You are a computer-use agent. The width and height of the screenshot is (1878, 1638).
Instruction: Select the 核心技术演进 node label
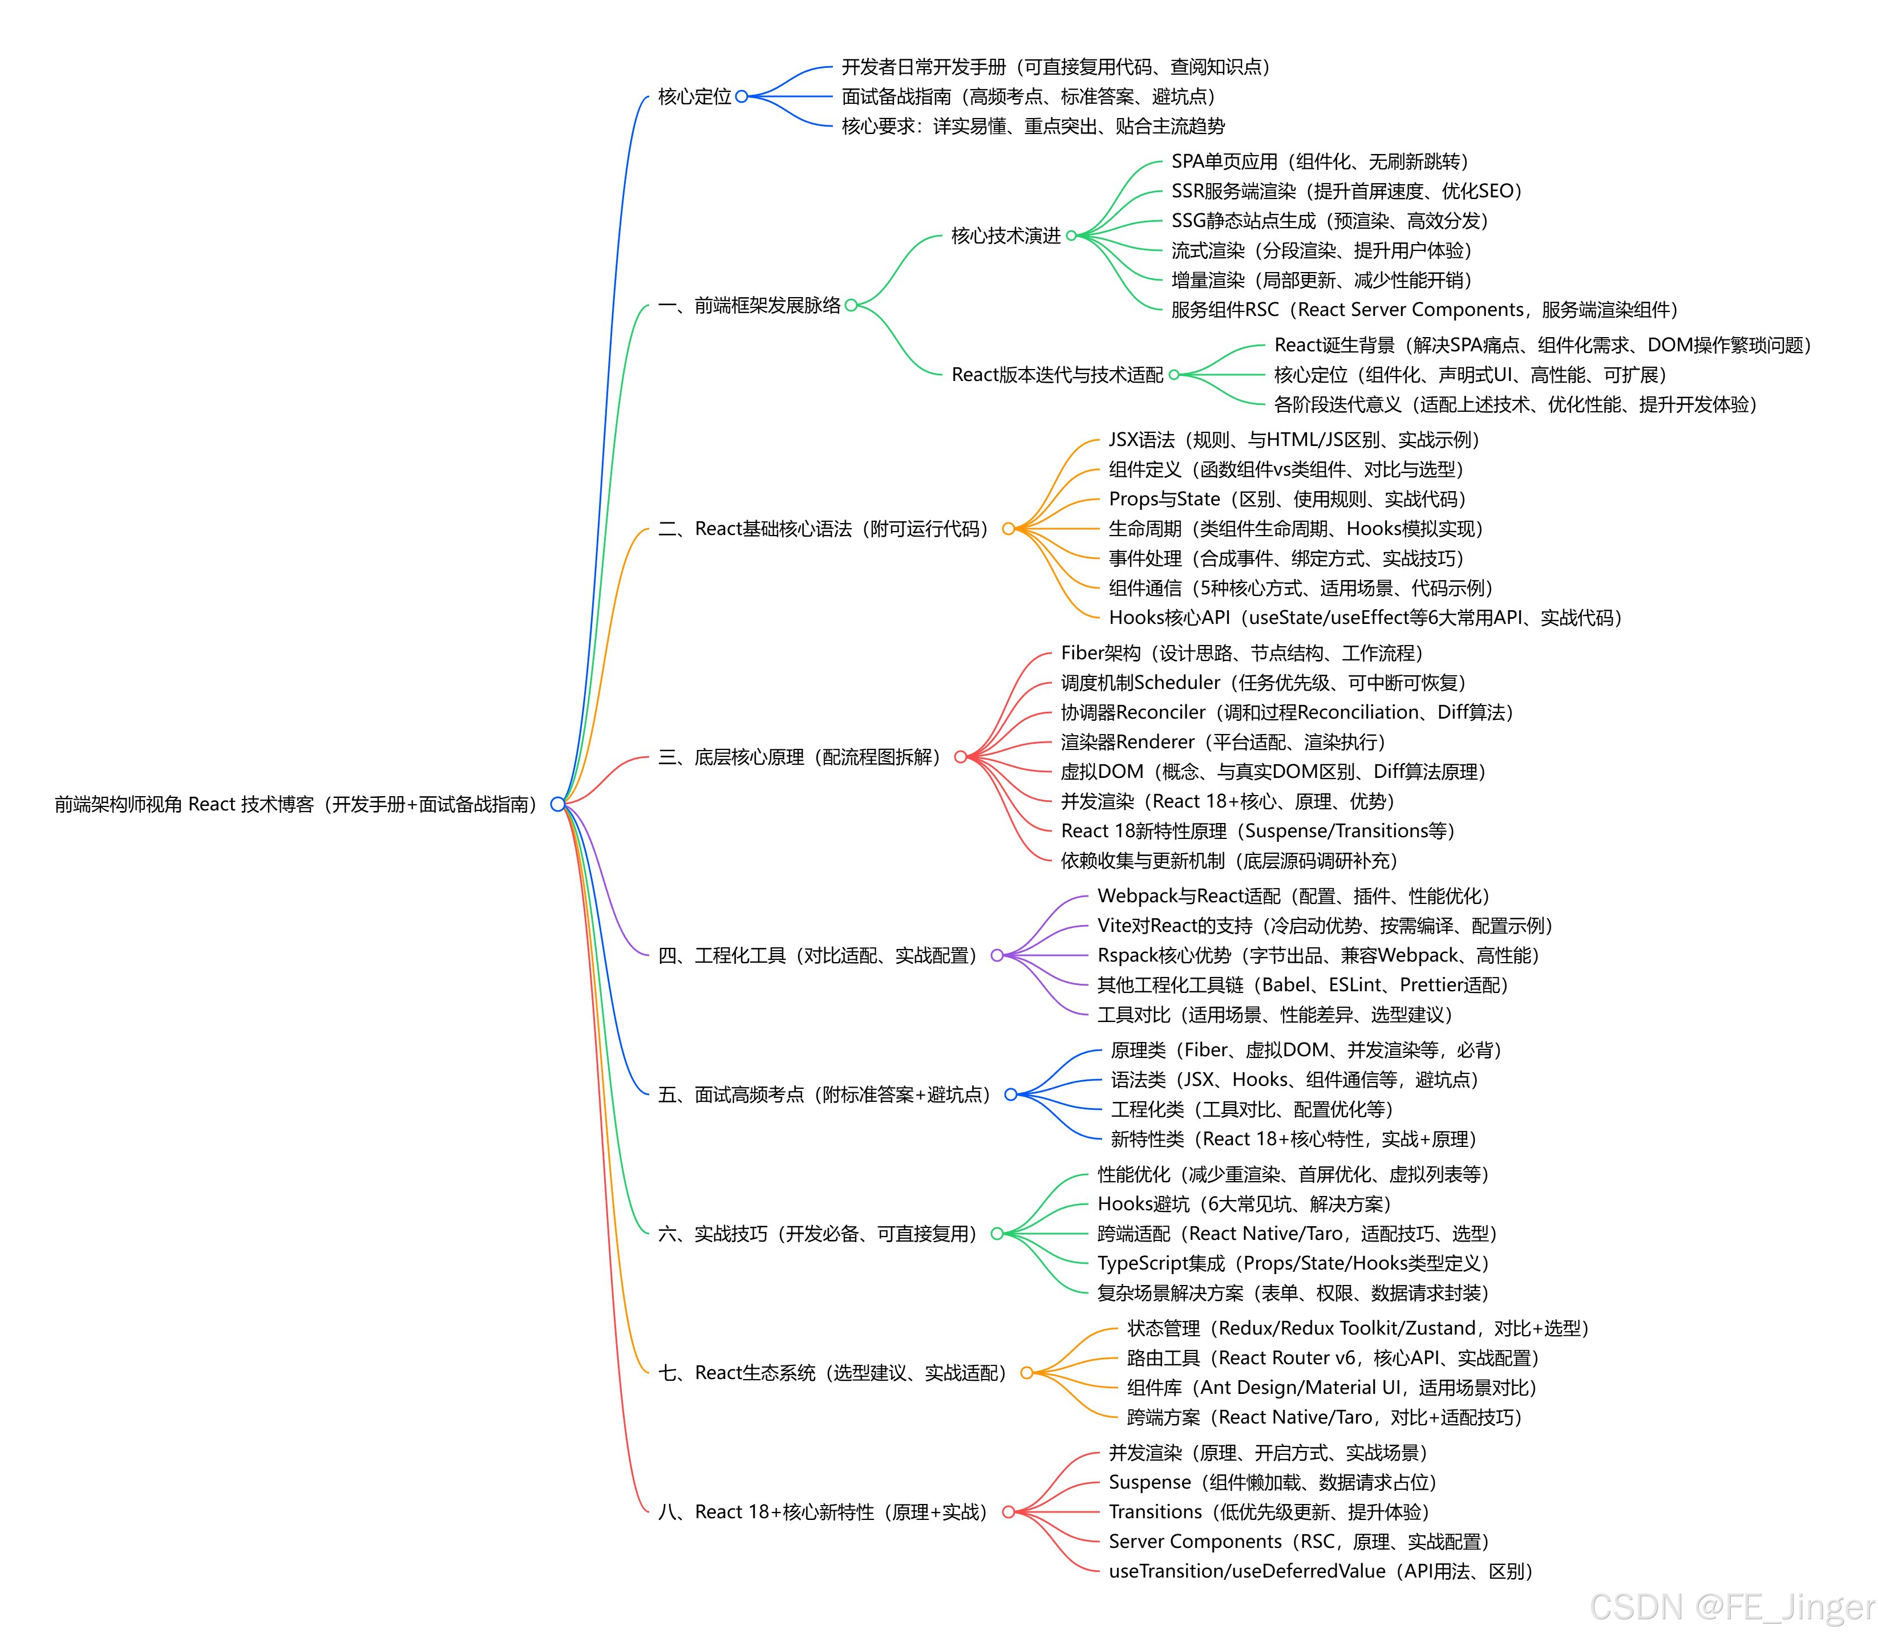(1006, 236)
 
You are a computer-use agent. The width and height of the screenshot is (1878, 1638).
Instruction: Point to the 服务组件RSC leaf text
(1423, 310)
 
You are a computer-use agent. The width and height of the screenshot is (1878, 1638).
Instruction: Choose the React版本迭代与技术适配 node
(1057, 375)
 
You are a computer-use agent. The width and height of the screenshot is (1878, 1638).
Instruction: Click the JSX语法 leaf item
(1293, 440)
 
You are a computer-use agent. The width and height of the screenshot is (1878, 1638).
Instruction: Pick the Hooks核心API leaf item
(1364, 618)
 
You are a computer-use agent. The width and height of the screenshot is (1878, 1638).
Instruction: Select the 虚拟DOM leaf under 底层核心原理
(1272, 772)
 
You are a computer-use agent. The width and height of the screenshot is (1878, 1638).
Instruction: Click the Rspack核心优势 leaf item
(1318, 955)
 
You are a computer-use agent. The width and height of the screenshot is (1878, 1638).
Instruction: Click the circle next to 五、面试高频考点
(1010, 1095)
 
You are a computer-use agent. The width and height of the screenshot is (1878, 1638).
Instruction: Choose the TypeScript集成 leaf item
(1293, 1263)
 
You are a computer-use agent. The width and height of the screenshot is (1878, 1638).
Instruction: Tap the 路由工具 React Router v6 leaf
(1332, 1359)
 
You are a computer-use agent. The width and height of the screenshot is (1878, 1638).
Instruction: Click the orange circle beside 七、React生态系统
(1026, 1373)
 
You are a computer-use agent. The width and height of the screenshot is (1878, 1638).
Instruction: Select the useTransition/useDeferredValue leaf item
(1320, 1571)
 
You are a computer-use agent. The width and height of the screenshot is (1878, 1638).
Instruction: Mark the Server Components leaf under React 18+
(1298, 1542)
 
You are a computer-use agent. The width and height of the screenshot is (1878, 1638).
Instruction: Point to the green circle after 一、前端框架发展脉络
(851, 305)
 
